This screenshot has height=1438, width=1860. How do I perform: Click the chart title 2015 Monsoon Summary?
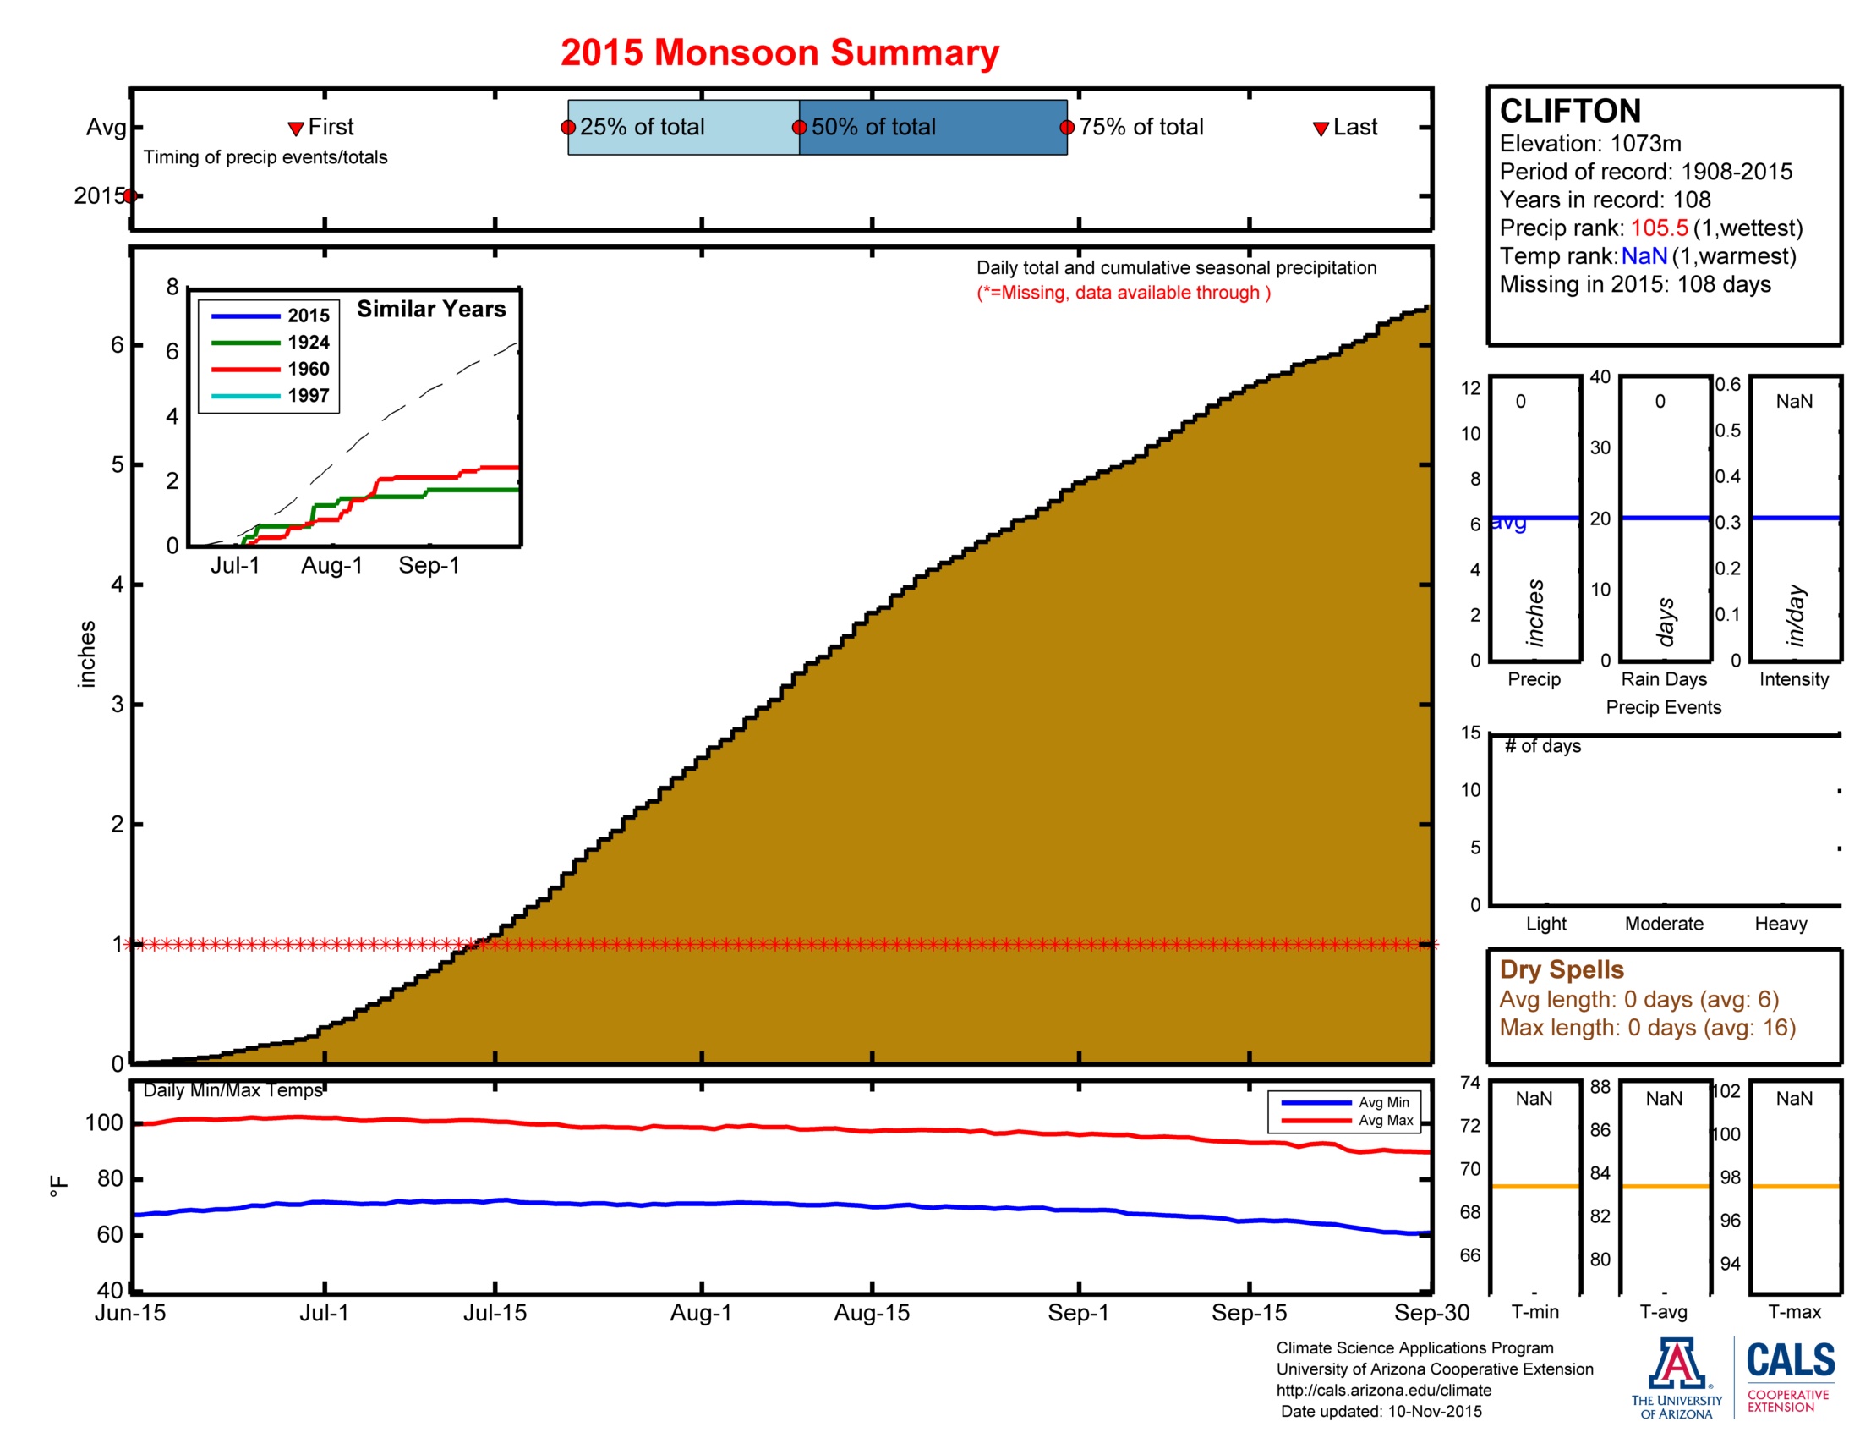tap(780, 52)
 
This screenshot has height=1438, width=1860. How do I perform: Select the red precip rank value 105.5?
tap(1659, 228)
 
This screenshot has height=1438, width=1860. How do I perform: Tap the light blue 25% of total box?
tap(683, 128)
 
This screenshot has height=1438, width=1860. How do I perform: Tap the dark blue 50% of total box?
tap(933, 128)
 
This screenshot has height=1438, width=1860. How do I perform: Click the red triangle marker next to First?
tap(296, 129)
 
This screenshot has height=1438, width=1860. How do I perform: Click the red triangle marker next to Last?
tap(1320, 129)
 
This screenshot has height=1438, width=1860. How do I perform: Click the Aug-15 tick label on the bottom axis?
tap(871, 1313)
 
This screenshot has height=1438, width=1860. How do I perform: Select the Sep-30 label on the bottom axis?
tap(1431, 1313)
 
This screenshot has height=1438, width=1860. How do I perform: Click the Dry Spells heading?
tap(1561, 969)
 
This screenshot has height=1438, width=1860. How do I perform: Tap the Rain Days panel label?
tap(1663, 679)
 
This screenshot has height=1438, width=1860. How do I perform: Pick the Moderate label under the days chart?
tap(1663, 924)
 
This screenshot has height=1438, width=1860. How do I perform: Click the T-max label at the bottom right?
tap(1793, 1312)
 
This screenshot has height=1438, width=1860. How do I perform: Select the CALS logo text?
tap(1790, 1359)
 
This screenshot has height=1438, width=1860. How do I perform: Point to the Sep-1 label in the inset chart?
tap(429, 565)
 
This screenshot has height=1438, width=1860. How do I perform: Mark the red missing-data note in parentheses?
tap(1124, 293)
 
